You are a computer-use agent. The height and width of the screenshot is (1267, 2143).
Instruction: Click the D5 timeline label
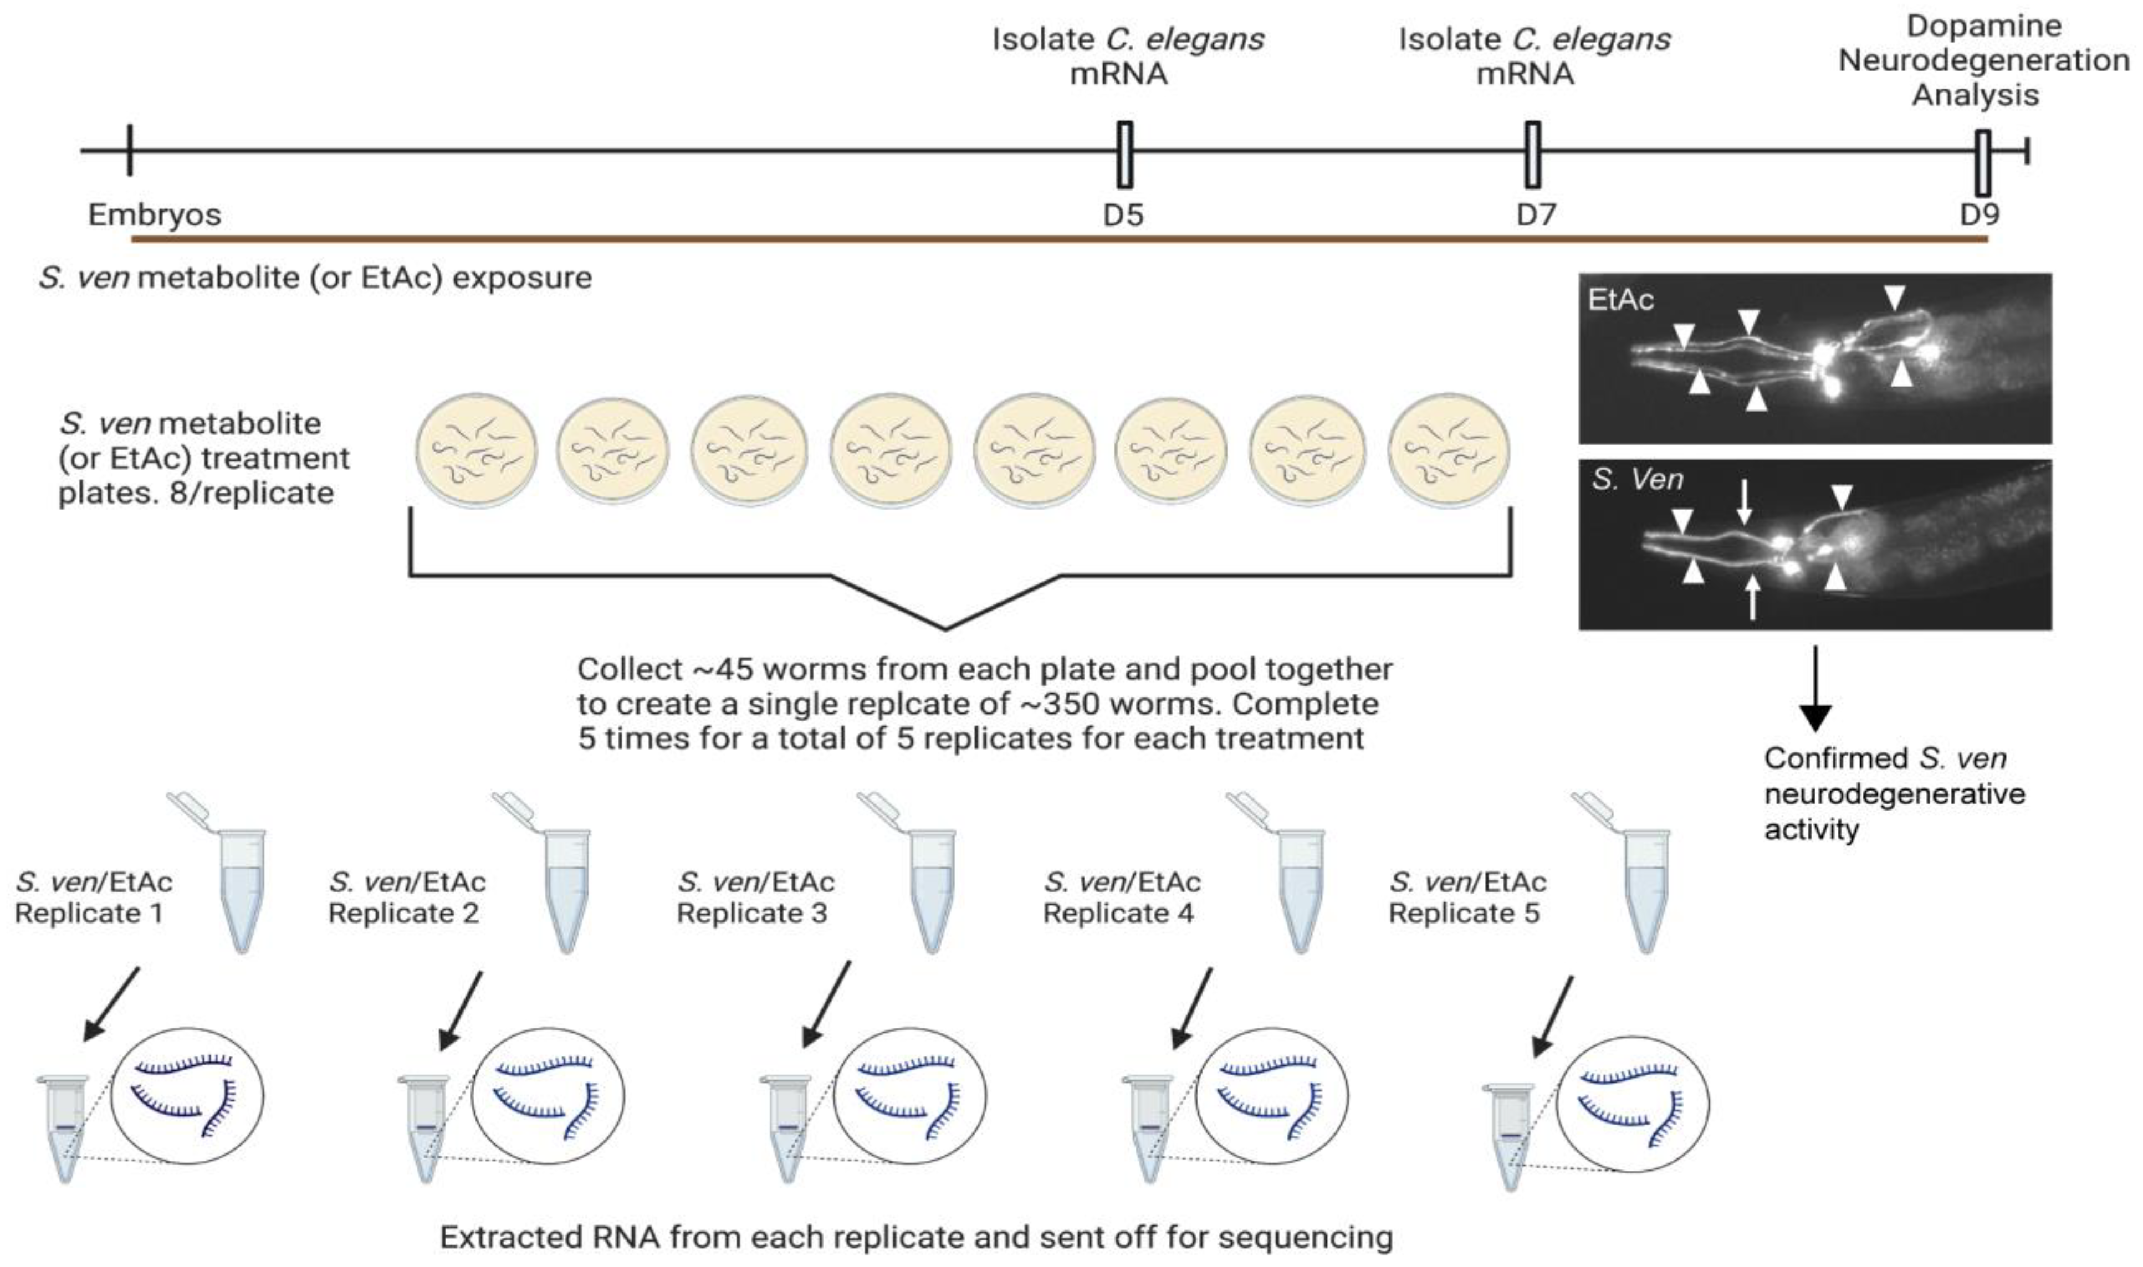click(x=1123, y=215)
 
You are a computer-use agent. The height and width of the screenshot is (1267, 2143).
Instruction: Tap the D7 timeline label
click(x=1536, y=215)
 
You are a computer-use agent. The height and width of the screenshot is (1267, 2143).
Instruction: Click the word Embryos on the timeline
click(x=155, y=215)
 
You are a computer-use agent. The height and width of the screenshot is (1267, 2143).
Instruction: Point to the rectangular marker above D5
click(x=1124, y=155)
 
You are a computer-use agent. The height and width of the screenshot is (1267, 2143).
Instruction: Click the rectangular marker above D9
click(x=1982, y=163)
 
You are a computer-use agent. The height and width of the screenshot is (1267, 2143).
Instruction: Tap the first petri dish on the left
click(x=477, y=452)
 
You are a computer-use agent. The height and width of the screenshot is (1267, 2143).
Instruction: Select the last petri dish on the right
click(x=1449, y=452)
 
